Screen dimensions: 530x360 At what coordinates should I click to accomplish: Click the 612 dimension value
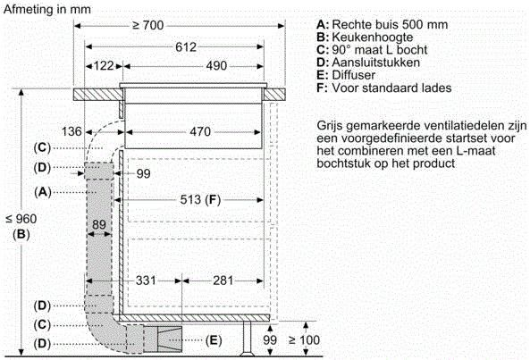(x=185, y=46)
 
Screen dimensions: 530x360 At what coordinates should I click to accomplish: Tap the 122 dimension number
(x=105, y=66)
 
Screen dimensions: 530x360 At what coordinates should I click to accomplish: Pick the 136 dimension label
(x=77, y=132)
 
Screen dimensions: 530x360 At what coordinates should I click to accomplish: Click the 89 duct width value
(x=99, y=224)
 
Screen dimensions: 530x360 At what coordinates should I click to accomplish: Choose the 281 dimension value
(x=224, y=281)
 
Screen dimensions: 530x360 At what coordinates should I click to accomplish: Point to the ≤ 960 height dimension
(x=20, y=218)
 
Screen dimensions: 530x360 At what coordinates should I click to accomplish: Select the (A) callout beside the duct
(x=41, y=191)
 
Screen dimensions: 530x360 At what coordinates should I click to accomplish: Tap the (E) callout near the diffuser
(x=213, y=340)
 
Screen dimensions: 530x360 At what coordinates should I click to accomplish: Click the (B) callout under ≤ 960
(x=20, y=234)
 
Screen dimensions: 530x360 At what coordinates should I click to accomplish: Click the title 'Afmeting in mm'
(x=47, y=8)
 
